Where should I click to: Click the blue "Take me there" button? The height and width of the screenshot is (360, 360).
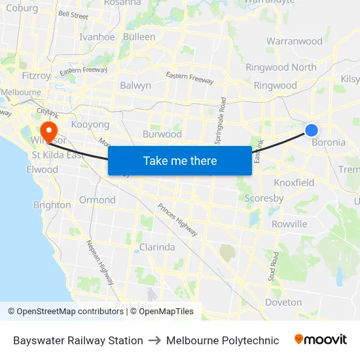(179, 161)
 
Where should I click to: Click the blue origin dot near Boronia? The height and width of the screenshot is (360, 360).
(312, 130)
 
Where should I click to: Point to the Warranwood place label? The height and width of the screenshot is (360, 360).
(295, 41)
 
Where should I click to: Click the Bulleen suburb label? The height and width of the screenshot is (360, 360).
(139, 37)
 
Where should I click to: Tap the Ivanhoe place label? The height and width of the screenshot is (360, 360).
(97, 37)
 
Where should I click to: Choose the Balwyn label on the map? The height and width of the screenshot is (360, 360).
(135, 86)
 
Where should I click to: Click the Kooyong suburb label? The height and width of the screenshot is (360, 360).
(90, 124)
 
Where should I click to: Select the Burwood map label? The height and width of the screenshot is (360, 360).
(162, 134)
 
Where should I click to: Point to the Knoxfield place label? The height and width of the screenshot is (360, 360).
(294, 183)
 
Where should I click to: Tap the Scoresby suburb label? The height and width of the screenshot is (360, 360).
(264, 198)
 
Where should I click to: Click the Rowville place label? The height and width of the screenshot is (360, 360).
(289, 224)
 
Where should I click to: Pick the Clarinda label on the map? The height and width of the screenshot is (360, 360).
(157, 247)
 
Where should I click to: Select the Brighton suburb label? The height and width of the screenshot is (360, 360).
(52, 205)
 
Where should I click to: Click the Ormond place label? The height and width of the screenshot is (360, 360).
(97, 200)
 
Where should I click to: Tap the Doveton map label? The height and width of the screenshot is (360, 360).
(283, 302)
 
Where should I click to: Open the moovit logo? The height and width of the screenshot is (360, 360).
(321, 340)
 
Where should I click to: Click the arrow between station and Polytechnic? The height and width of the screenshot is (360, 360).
(154, 340)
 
